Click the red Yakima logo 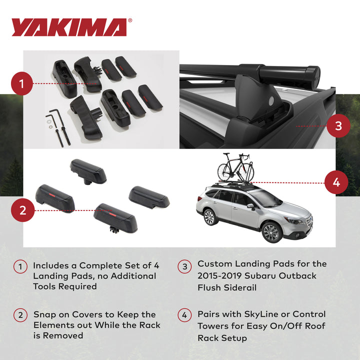coord(71,27)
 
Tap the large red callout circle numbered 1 coord(22,83)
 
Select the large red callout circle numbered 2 coord(22,210)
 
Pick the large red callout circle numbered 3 coord(338,126)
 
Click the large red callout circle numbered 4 coord(336,182)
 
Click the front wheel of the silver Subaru coord(271,232)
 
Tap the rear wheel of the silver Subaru coord(209,216)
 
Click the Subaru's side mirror coord(250,206)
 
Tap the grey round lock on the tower coord(271,100)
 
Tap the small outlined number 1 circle coord(20,266)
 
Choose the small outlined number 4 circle coord(184,315)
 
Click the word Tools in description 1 coord(43,286)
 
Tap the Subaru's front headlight coord(294,221)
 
